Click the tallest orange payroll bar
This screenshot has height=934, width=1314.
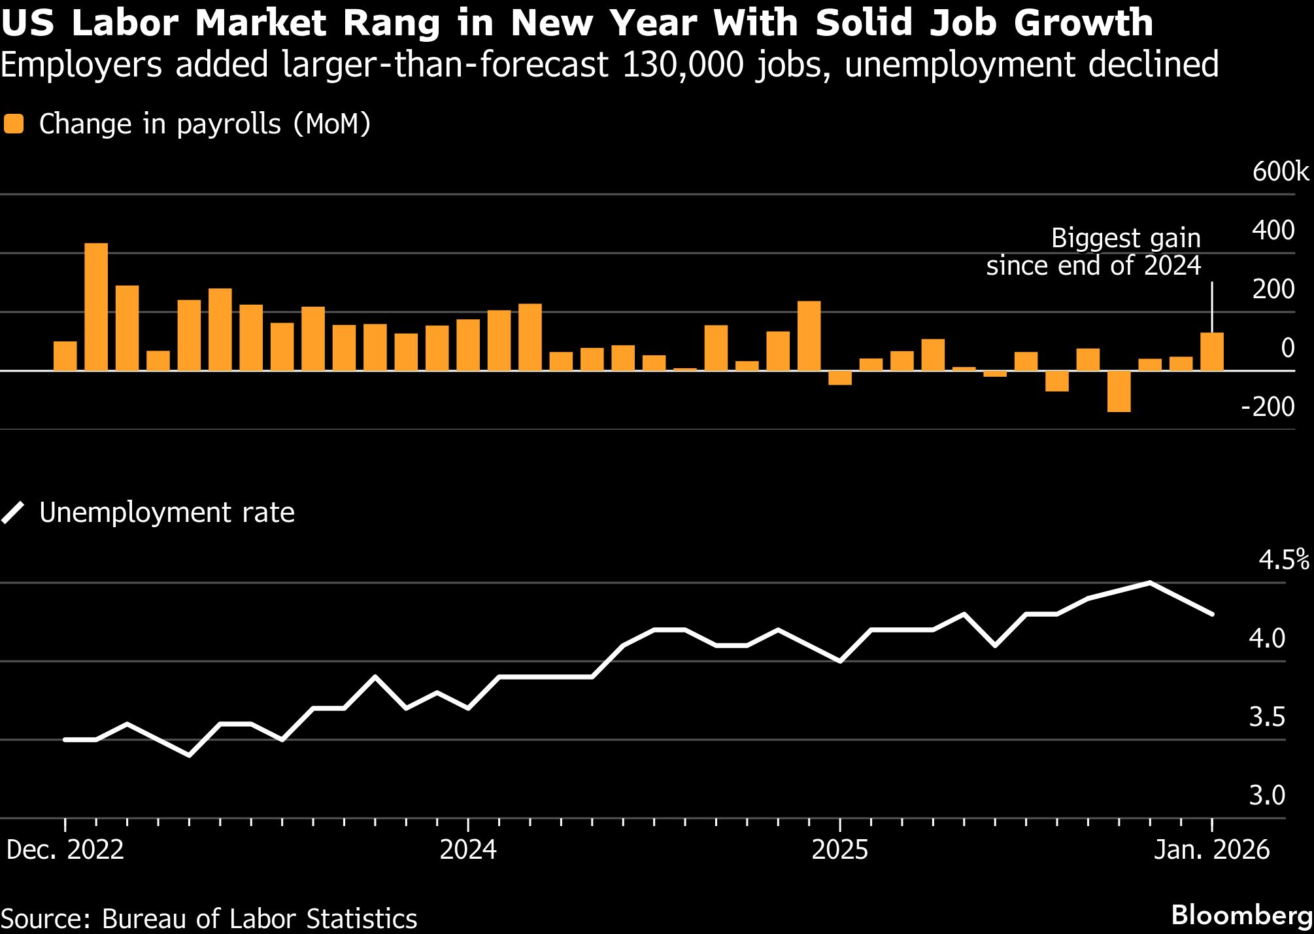point(96,307)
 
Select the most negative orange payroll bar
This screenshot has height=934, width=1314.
point(1119,391)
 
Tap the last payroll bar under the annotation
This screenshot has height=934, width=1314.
point(1211,352)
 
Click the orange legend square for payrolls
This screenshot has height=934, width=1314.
point(13,124)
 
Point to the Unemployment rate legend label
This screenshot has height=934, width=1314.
point(167,513)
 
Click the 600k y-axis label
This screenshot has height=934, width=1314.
point(1280,171)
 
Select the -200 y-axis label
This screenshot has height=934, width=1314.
point(1268,407)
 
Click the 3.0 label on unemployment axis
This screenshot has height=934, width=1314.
point(1267,795)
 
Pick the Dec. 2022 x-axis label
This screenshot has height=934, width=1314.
point(65,850)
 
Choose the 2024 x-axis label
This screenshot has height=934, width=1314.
point(468,850)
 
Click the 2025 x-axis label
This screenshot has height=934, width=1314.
point(839,850)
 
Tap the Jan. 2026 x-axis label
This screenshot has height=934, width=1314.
point(1211,850)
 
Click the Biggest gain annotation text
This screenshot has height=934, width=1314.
point(1093,252)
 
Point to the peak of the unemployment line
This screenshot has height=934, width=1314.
point(1149,582)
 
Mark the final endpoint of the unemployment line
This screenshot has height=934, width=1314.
point(1212,614)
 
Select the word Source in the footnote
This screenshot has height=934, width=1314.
point(46,919)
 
